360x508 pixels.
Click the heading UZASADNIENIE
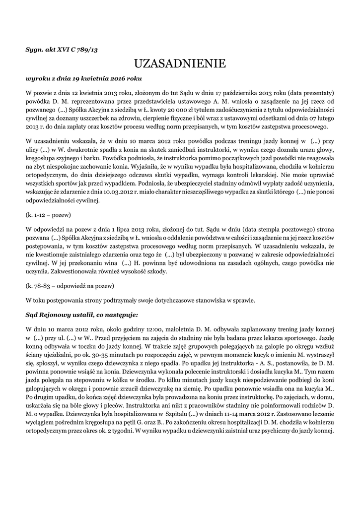180,63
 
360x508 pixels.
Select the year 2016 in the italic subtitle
119,78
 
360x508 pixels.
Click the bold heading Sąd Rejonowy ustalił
81,315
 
